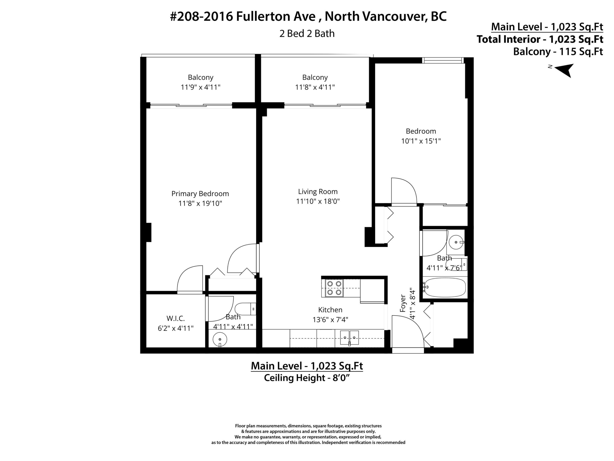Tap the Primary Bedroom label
coord(200,194)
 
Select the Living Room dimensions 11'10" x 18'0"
coord(318,201)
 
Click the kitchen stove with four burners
coord(334,288)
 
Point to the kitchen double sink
coord(350,338)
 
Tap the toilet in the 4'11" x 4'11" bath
coord(245,309)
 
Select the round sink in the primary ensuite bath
coord(220,339)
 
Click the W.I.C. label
coord(175,318)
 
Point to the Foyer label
coord(403,303)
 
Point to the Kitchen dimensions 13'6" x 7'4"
coord(330,320)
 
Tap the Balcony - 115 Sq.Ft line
coord(558,52)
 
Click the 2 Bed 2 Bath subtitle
coord(307,34)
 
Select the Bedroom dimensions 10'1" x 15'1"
coord(421,141)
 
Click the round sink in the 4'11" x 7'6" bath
coord(456,242)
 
